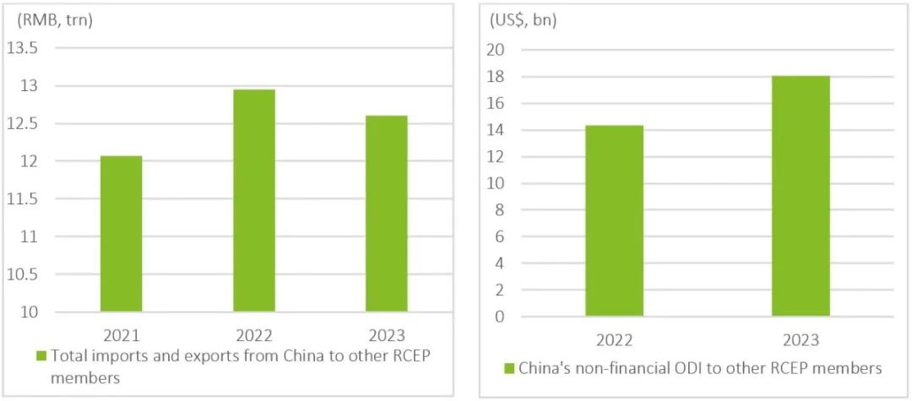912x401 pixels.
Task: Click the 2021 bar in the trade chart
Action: (121, 234)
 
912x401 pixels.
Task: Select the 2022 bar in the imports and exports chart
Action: (253, 201)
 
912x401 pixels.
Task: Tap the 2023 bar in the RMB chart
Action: (387, 214)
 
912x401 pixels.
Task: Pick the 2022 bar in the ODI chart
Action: (614, 221)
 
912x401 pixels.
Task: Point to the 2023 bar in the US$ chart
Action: (801, 197)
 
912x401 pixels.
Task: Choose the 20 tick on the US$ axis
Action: (497, 50)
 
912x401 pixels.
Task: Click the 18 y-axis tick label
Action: (497, 77)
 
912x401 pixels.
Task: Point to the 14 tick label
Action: (497, 130)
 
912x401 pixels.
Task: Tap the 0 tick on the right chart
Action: (500, 317)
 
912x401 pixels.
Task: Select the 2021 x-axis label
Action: (121, 334)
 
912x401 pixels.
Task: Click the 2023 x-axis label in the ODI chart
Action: (801, 340)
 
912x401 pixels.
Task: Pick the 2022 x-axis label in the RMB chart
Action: (253, 334)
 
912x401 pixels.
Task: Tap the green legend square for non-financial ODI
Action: (508, 368)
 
